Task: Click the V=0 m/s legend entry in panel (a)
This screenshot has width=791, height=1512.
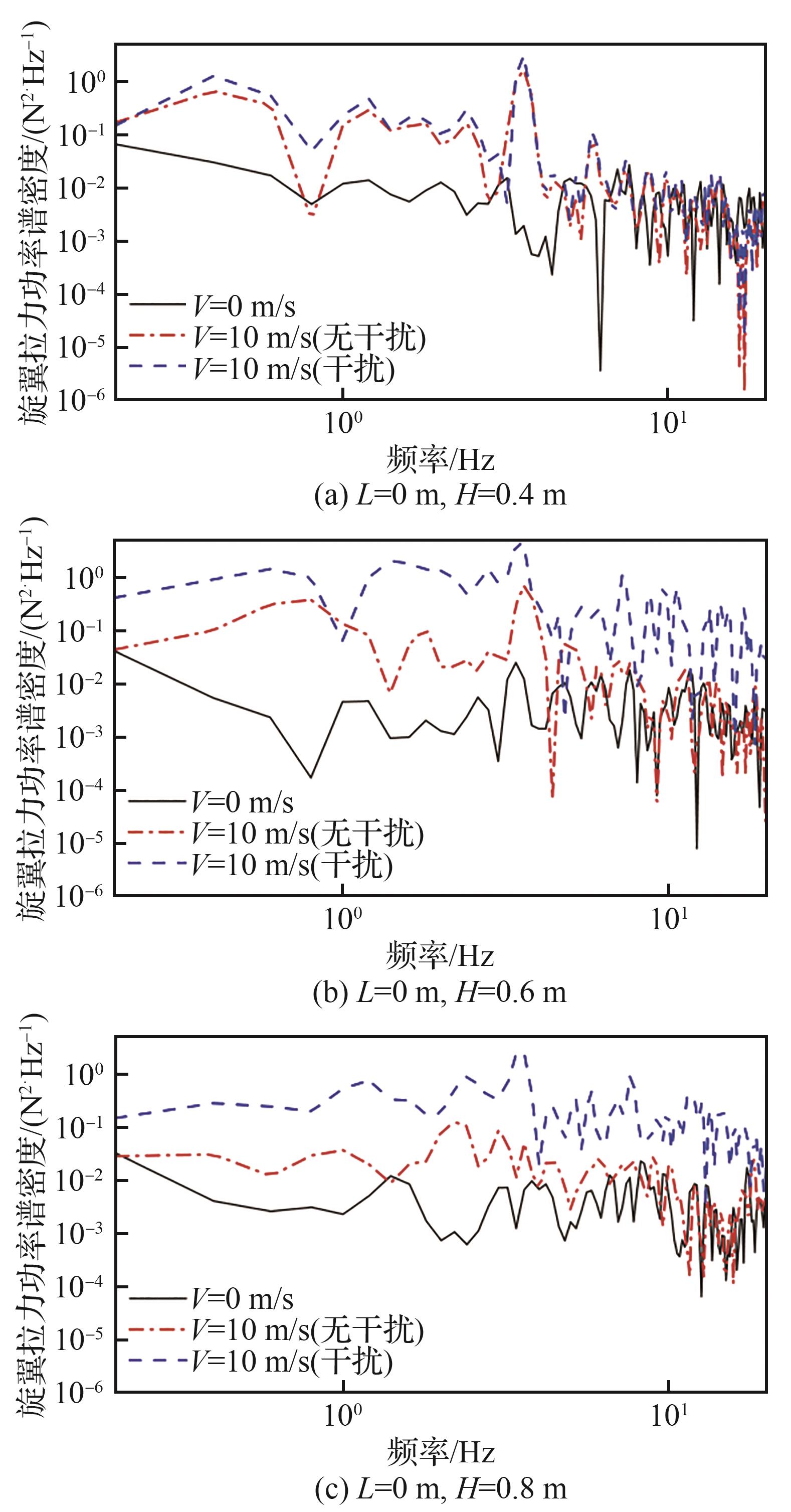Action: click(243, 306)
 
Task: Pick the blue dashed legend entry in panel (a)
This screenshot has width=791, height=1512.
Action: click(293, 369)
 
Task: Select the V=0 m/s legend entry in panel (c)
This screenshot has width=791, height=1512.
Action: click(242, 1298)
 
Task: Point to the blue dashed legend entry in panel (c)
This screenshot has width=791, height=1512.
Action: click(292, 1361)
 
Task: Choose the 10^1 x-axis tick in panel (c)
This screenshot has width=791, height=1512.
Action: click(668, 1416)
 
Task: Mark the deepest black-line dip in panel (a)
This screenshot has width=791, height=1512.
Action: click(600, 370)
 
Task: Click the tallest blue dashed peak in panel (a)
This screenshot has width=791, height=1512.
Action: click(522, 59)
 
